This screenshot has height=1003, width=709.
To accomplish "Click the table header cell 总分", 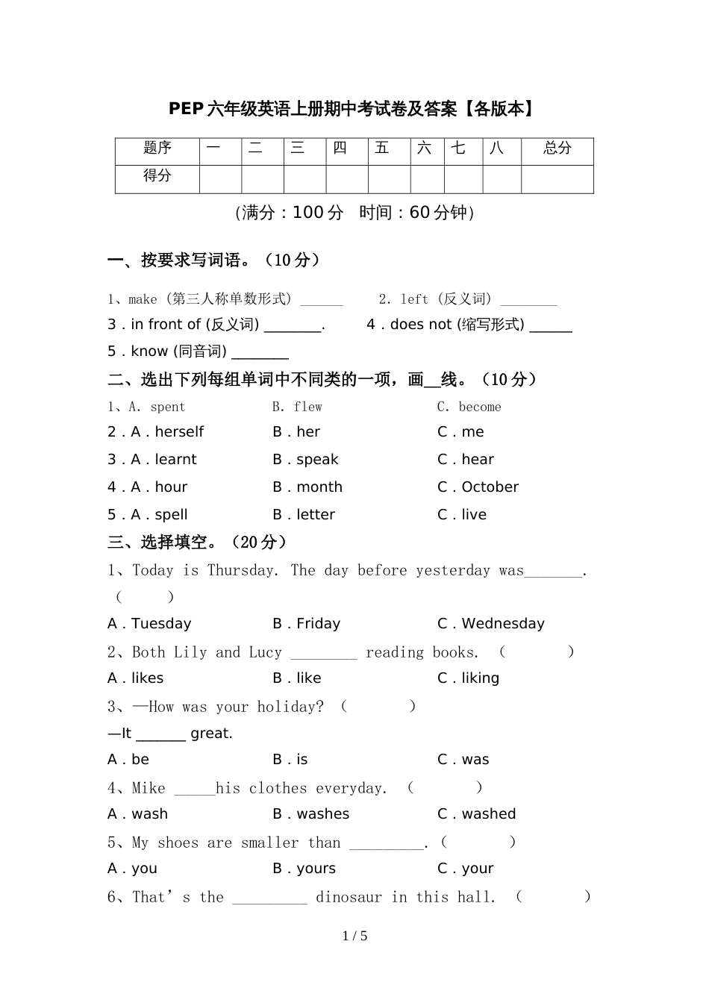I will pos(557,149).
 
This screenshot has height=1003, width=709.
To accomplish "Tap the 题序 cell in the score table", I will pos(157,149).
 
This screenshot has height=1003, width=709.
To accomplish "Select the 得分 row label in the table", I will pos(157,176).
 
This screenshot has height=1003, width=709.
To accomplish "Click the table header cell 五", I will pos(382,149).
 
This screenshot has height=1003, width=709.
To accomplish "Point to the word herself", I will pos(179,432).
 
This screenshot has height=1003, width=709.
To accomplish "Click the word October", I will pos(490,487).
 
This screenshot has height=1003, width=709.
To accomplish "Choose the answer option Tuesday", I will pos(161,624).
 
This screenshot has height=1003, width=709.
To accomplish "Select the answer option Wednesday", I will pos(503,624).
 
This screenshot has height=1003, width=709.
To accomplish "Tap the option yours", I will pos(316,869).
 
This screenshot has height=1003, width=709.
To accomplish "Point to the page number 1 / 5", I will pos(354,937).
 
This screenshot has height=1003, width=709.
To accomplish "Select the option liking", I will pos(480,678).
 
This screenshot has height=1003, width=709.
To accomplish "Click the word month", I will pos(319,487).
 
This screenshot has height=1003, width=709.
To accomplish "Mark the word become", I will pos(480,407).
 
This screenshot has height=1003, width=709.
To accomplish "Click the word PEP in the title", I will pos(186,109).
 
